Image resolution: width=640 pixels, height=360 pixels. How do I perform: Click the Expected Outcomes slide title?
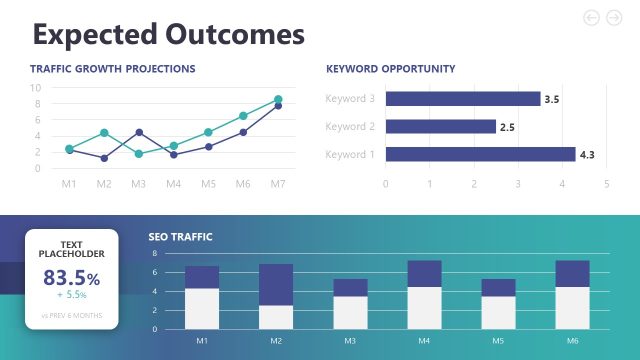[168, 34]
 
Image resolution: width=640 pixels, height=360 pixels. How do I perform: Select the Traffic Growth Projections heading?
[112, 69]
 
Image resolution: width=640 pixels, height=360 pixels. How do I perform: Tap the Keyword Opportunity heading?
[390, 69]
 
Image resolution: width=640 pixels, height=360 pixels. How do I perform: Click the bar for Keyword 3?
[462, 99]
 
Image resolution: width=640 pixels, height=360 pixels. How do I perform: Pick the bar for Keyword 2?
[440, 127]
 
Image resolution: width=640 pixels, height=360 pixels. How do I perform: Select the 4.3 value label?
[587, 155]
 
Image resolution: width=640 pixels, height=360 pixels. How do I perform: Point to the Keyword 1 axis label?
[350, 154]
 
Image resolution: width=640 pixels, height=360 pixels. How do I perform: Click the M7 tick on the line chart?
[277, 184]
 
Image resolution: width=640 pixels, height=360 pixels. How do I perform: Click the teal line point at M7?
[278, 99]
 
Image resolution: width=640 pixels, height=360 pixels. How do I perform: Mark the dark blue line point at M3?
[139, 132]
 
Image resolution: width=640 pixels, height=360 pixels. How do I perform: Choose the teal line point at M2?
[104, 132]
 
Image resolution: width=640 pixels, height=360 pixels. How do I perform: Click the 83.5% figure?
[71, 278]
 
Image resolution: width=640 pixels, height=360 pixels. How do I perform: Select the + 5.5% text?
[72, 296]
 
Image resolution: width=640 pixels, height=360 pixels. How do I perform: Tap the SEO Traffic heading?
[181, 237]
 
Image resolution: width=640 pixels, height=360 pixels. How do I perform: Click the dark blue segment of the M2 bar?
[276, 284]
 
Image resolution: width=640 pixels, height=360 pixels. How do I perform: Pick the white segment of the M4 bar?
[424, 308]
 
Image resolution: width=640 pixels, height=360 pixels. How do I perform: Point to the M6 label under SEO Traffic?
[572, 341]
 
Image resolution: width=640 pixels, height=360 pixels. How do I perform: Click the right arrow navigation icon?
[614, 17]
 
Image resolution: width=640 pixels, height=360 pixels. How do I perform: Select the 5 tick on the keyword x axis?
[606, 184]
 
